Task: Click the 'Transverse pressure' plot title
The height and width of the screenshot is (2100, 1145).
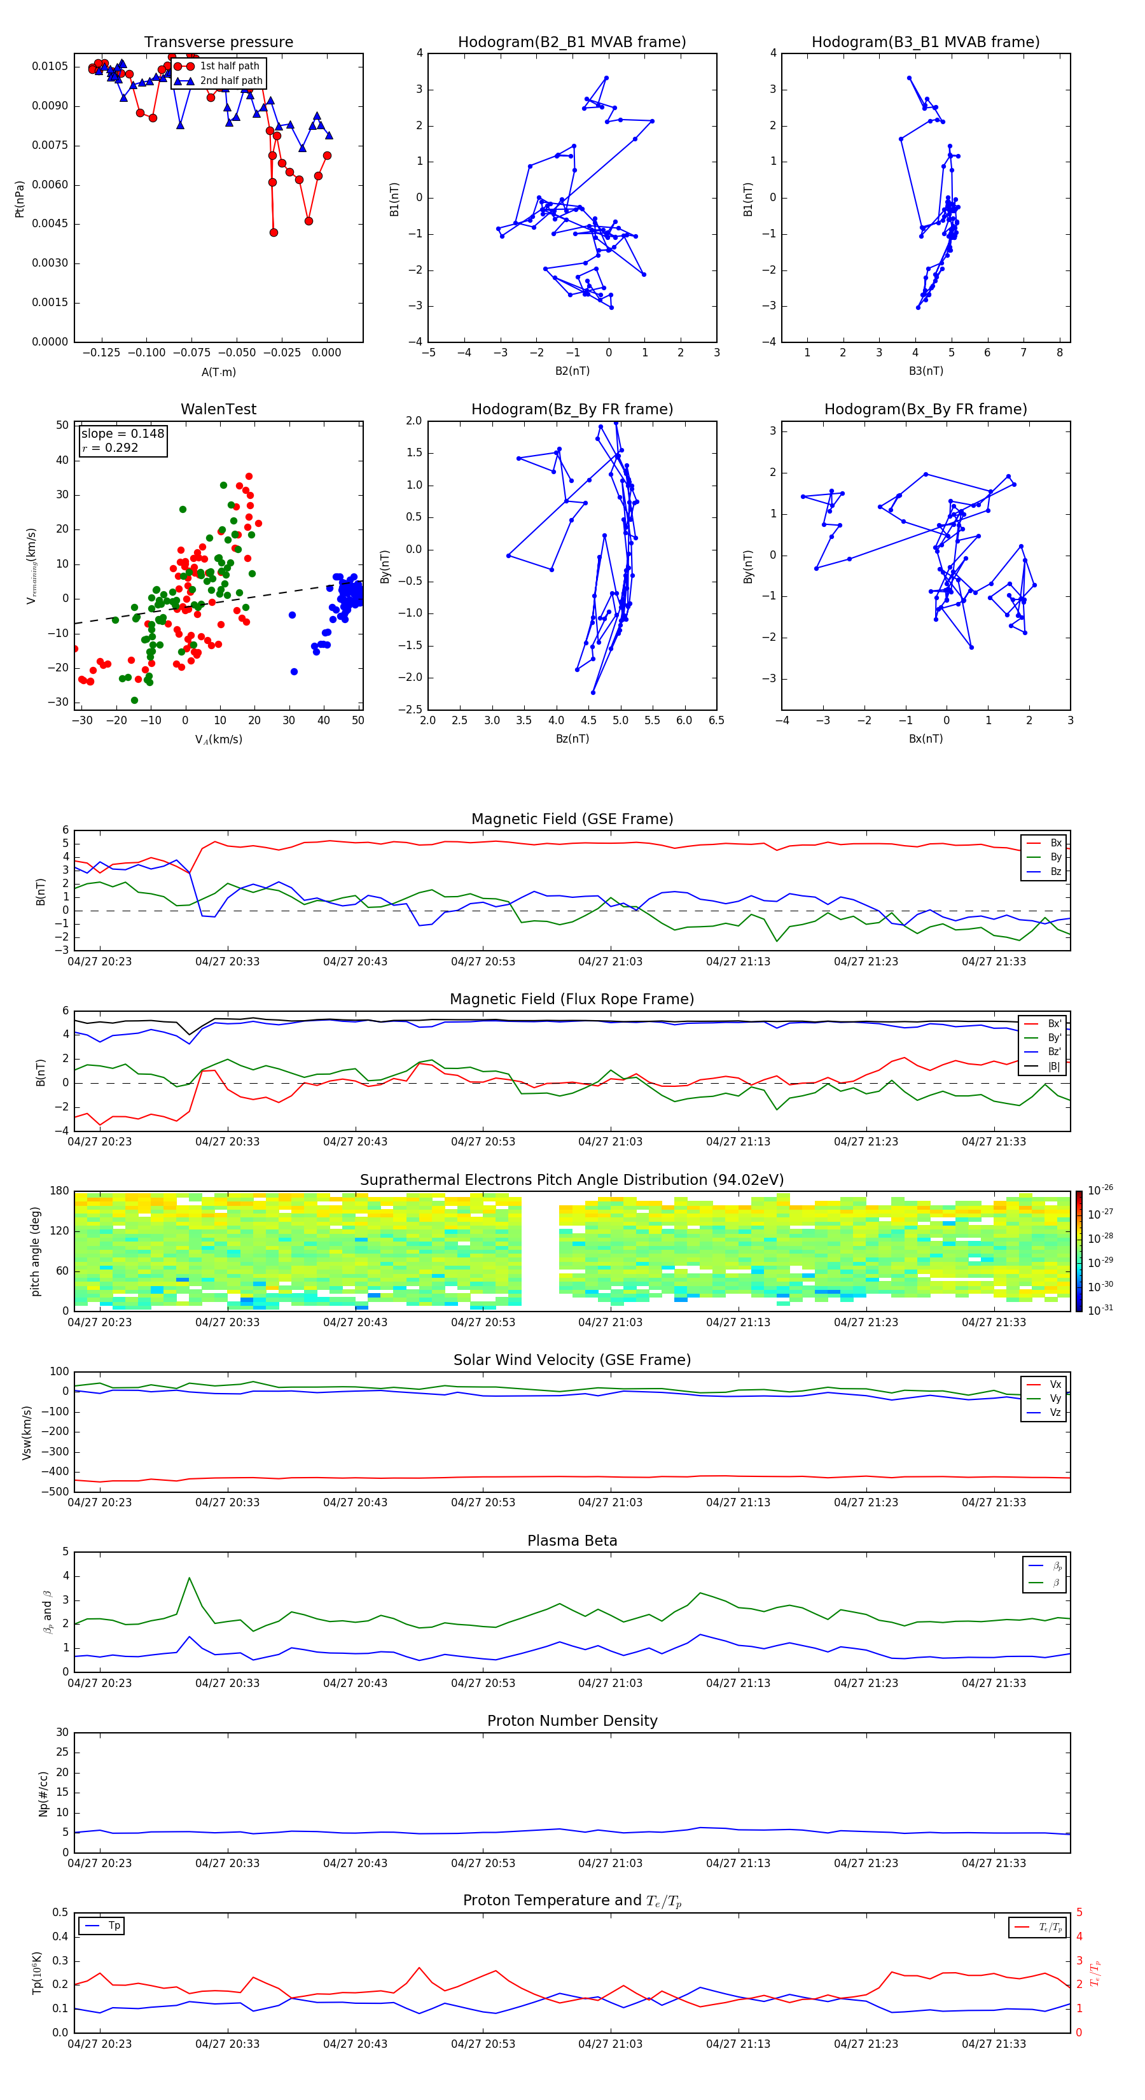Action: click(x=218, y=43)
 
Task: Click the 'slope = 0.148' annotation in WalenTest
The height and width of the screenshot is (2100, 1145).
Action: click(x=122, y=434)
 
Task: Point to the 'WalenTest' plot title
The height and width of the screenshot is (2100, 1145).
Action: click(x=218, y=409)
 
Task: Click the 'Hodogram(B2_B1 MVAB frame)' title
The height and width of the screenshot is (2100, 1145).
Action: click(x=571, y=43)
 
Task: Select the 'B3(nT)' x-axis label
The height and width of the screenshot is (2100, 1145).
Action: click(x=926, y=371)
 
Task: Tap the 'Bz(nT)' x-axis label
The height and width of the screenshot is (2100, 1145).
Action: click(x=572, y=739)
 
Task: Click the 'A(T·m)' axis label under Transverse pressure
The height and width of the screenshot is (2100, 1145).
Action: click(x=218, y=372)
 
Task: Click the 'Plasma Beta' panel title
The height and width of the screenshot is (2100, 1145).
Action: click(x=572, y=1541)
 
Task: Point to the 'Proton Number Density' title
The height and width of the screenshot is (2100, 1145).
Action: click(x=572, y=1721)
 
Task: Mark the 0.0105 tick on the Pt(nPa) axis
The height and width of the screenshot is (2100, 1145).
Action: click(x=50, y=66)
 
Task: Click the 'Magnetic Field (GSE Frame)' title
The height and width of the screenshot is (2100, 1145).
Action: click(x=572, y=819)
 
